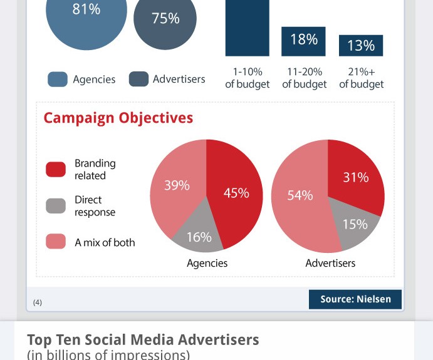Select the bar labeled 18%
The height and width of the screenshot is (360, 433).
coord(303,41)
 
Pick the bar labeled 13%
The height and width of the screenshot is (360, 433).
coord(361,46)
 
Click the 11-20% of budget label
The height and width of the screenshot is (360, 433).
coord(304,78)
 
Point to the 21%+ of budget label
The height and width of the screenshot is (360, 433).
coord(361,78)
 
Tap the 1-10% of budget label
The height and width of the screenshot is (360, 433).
coord(247,78)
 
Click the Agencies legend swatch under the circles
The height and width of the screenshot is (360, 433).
coord(58,80)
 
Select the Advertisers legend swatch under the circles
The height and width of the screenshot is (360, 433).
coord(138,80)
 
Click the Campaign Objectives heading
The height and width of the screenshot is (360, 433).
coord(118,118)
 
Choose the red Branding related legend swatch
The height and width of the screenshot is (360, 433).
coord(56,170)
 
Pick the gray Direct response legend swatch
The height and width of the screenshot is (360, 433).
coord(56,206)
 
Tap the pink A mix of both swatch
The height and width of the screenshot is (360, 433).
coord(56,242)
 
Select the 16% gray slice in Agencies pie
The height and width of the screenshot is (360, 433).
coord(199,235)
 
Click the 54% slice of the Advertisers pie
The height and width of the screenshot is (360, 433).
coord(300,195)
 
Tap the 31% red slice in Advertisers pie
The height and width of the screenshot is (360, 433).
coord(355,178)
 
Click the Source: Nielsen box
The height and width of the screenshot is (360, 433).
coord(355,299)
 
